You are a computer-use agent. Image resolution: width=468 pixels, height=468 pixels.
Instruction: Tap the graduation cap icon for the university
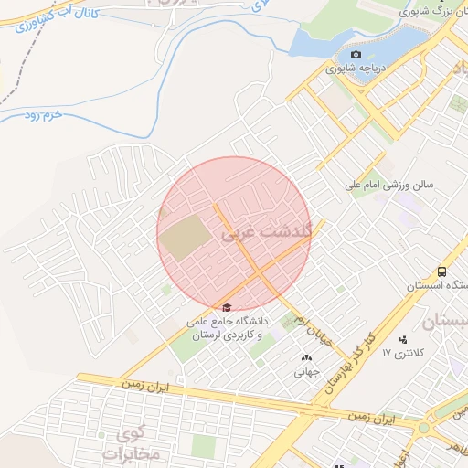pyautogui.click(x=227, y=307)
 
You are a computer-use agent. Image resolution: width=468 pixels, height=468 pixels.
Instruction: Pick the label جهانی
pyautogui.click(x=305, y=372)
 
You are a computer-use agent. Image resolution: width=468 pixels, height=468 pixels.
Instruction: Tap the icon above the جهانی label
pyautogui.click(x=305, y=357)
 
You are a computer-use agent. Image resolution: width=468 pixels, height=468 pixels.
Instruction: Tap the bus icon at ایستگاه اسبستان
pyautogui.click(x=442, y=271)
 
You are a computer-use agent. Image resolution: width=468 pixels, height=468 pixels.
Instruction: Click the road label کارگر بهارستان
pyautogui.click(x=356, y=363)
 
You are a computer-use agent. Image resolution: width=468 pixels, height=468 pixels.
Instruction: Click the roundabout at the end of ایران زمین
pyautogui.click(x=423, y=428)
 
